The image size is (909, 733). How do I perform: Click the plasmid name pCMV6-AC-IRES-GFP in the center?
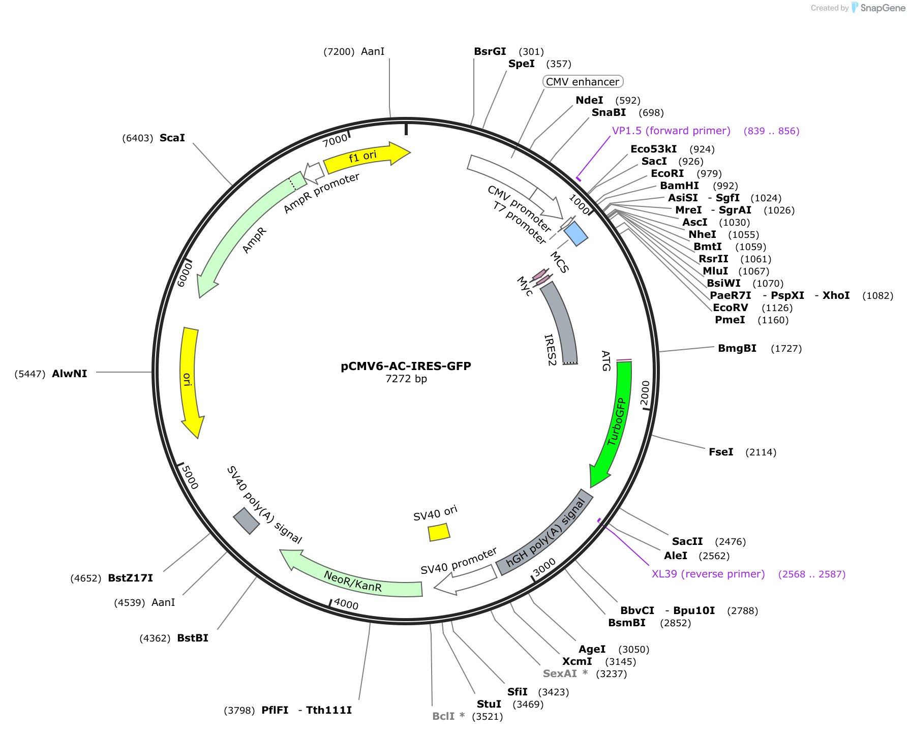coord(406,366)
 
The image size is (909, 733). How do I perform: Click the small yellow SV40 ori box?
coord(439,532)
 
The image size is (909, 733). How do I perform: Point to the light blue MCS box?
coord(576,233)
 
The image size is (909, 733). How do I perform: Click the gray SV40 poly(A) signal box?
coord(247,521)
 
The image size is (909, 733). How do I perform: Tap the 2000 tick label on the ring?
coord(645,393)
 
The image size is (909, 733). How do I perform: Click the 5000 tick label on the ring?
coord(190,477)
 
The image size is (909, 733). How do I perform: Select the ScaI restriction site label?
coord(172,138)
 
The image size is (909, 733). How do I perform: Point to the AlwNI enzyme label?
coord(70,374)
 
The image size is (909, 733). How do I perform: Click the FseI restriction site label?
coord(721,452)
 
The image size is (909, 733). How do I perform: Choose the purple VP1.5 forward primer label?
coord(671,131)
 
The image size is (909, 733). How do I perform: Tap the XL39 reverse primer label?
coord(708,574)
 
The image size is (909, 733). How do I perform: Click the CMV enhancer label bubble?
coord(583,82)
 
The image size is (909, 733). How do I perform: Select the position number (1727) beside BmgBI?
coord(786,348)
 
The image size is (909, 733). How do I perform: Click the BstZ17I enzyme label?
coord(131,578)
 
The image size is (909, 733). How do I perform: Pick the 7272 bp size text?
coord(406,379)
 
